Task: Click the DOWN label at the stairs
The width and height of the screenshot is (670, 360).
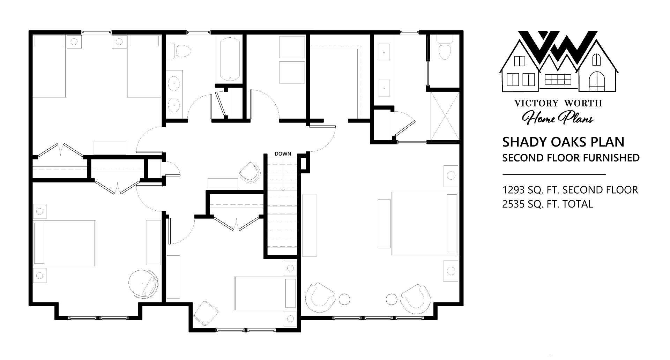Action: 283,154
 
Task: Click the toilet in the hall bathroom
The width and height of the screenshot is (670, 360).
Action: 179,51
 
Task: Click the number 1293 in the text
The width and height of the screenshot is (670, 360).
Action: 513,190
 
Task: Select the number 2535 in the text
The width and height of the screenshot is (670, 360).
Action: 514,204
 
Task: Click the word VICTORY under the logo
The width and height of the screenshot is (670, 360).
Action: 531,103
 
